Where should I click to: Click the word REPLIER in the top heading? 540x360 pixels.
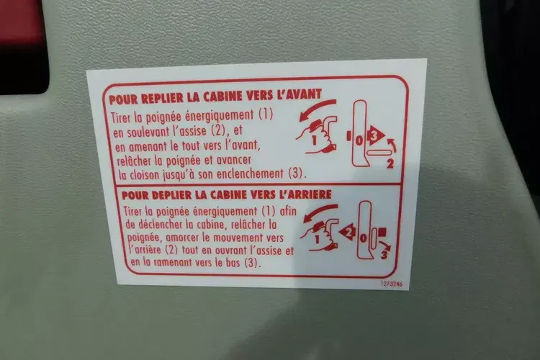162,98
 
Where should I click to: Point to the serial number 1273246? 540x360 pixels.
391,284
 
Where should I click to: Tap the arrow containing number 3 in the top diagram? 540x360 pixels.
376,135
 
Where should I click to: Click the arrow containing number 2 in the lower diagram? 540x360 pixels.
347,233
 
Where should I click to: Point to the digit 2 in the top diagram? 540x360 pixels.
390,163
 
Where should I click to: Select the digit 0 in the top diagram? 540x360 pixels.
359,140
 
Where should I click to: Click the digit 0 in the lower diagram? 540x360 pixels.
364,238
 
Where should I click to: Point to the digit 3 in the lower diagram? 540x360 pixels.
384,256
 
